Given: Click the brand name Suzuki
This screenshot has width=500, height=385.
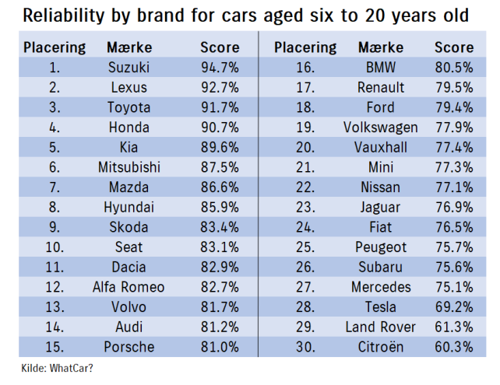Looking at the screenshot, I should [129, 68].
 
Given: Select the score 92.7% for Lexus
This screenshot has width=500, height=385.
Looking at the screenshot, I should [220, 87].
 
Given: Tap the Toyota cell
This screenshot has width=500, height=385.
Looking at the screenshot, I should [129, 107].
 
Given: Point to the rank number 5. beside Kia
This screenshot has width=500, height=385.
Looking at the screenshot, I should [55, 147].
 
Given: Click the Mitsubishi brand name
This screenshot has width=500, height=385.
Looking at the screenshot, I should [129, 167].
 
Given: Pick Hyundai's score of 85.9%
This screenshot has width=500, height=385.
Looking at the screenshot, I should [220, 208].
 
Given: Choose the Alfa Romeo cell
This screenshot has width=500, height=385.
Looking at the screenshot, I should [129, 287].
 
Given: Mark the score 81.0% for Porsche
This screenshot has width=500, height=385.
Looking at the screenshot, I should [220, 347].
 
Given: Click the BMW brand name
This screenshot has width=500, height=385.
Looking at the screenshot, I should [380, 68].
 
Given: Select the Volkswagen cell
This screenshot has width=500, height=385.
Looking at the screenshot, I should [380, 128].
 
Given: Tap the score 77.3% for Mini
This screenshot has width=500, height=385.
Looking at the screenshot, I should [453, 167].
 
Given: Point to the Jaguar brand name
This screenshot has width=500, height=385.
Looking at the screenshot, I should [380, 208].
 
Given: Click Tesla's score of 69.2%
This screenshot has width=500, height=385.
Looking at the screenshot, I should [453, 307].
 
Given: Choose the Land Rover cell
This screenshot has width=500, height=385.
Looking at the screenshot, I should [380, 327].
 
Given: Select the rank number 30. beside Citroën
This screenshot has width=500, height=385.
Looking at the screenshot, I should [305, 347].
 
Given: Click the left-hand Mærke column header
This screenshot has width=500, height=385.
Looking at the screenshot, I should [129, 47].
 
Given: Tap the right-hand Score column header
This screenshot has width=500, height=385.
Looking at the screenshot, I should [453, 47].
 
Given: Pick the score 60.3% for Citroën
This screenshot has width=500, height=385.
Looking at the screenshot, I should [453, 347].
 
